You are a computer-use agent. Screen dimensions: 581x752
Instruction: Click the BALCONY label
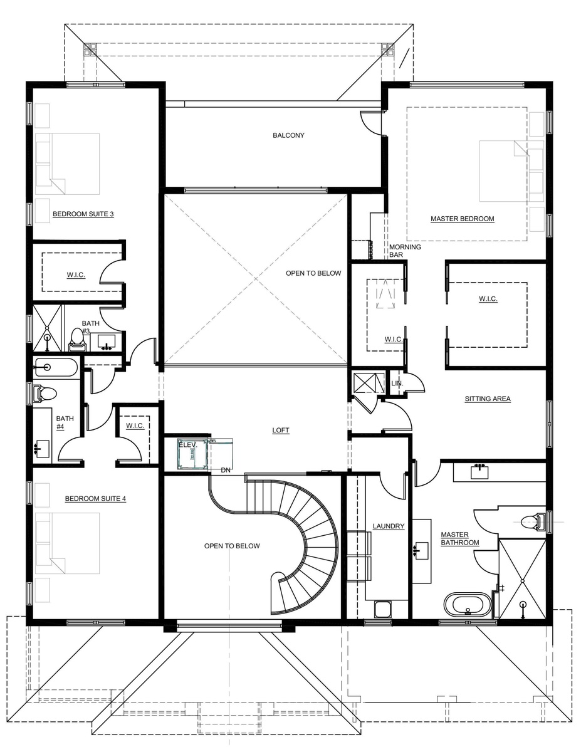click(x=288, y=135)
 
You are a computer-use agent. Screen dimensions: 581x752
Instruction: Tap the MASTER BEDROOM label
click(x=463, y=219)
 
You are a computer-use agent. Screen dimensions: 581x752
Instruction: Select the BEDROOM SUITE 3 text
click(x=83, y=214)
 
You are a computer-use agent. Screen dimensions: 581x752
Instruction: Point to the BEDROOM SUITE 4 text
click(x=95, y=499)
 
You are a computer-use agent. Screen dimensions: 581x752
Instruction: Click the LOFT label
click(x=281, y=430)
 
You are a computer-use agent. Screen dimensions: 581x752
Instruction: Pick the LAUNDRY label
click(x=389, y=526)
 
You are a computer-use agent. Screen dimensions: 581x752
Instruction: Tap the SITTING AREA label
click(x=488, y=399)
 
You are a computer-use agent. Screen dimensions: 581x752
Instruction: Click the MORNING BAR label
click(x=405, y=251)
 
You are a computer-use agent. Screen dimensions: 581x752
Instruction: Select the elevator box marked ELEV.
click(x=192, y=454)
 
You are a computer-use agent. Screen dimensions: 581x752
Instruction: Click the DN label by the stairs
click(x=226, y=470)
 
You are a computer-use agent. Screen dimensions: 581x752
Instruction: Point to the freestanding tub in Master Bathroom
click(x=468, y=605)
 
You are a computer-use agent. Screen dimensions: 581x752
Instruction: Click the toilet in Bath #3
click(x=76, y=340)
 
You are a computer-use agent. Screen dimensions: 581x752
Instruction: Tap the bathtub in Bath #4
click(x=55, y=367)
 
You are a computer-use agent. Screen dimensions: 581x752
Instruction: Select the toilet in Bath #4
click(x=44, y=394)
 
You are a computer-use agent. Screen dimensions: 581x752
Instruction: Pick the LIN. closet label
click(x=397, y=384)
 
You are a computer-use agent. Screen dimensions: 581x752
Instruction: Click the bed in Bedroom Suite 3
click(x=75, y=164)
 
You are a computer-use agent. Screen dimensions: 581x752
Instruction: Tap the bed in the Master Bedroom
click(x=504, y=171)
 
